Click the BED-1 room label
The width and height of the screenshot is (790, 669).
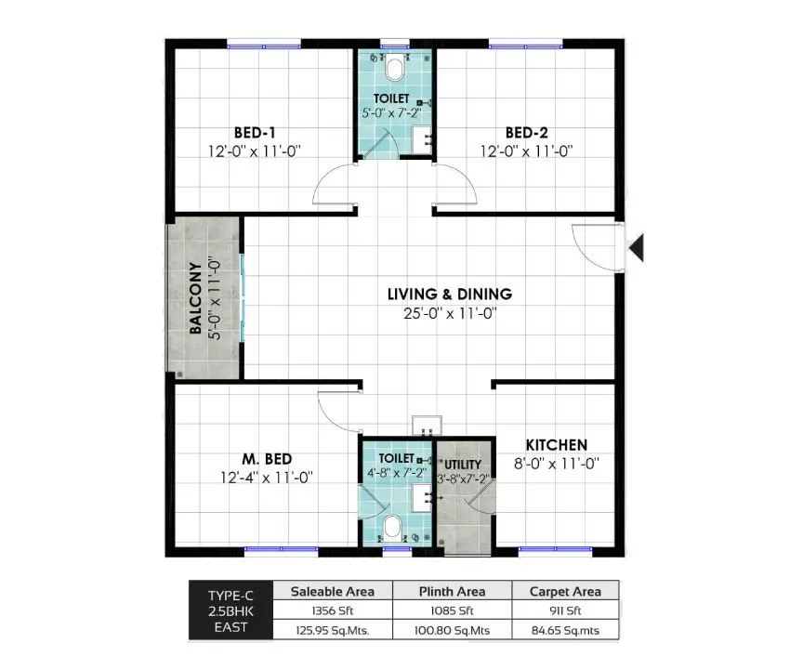(x=254, y=132)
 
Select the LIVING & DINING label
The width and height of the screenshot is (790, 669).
(x=449, y=295)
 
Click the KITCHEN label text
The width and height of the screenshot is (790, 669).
(x=556, y=445)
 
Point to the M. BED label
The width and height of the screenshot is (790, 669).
(x=267, y=459)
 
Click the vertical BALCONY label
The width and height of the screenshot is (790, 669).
(x=196, y=298)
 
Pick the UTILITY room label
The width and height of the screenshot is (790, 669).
(x=462, y=464)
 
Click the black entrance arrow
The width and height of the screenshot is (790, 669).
(x=637, y=247)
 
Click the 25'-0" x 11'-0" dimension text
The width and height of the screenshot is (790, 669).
(x=449, y=314)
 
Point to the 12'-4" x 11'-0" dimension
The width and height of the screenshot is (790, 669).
(x=267, y=478)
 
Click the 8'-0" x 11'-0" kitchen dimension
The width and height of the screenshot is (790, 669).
(x=556, y=463)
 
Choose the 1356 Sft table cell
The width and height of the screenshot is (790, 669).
(x=332, y=610)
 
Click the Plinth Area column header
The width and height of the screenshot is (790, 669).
(x=451, y=591)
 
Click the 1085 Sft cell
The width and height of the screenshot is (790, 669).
(x=451, y=610)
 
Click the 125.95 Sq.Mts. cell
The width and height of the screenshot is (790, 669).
(x=332, y=630)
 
